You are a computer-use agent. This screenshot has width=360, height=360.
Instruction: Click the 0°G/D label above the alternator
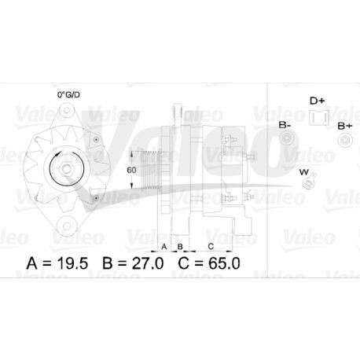pos(68,94)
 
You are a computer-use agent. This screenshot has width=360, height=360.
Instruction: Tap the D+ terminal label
pos(318,101)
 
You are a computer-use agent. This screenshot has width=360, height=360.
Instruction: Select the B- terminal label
pos(285,125)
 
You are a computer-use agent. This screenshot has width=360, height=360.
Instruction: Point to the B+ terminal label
pos(345,127)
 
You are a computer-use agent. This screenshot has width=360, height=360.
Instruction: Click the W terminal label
pos(304,172)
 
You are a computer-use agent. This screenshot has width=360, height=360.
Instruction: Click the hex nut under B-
pos(285,138)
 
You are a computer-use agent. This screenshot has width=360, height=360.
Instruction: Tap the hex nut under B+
pos(345,140)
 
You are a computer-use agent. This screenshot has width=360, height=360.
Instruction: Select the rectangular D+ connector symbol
pos(319,118)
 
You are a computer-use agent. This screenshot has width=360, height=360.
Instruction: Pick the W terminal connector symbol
pos(309,181)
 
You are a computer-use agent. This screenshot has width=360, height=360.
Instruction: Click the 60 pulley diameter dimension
pos(131,170)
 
